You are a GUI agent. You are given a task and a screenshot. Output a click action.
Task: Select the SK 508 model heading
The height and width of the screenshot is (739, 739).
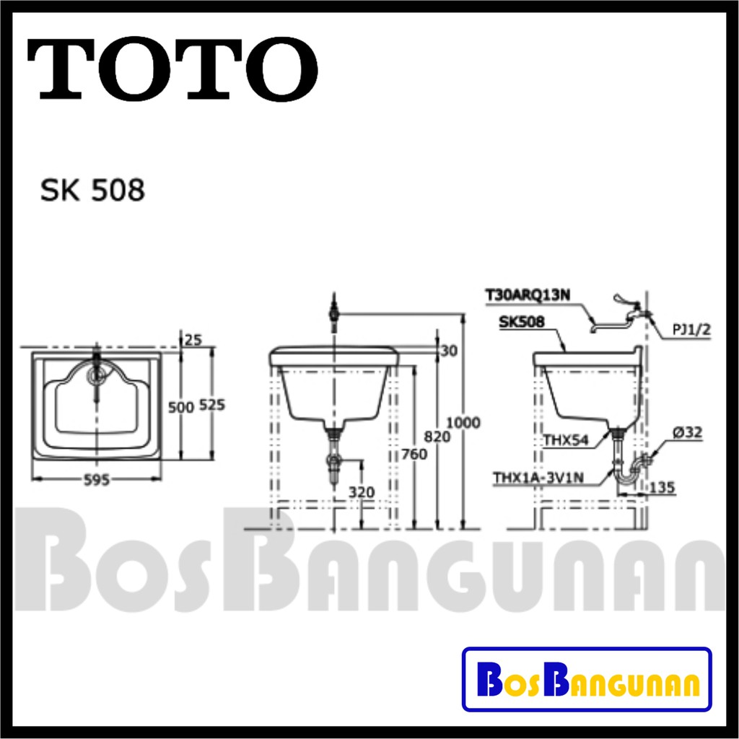coord(92,191)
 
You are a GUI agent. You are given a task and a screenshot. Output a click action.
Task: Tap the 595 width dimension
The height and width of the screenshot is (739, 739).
coord(96,480)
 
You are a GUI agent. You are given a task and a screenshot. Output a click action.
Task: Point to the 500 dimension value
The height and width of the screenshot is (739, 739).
coord(181,407)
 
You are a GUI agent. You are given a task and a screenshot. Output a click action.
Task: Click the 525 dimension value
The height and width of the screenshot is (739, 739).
coord(212,405)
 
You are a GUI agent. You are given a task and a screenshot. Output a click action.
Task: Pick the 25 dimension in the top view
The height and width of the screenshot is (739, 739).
coord(193,339)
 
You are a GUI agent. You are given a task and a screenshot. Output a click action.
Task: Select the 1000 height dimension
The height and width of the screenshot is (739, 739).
coord(463,423)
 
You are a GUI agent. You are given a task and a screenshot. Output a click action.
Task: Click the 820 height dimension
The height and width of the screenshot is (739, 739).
coord(437,437)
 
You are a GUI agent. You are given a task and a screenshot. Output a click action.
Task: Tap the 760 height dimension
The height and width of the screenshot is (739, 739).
coord(414,455)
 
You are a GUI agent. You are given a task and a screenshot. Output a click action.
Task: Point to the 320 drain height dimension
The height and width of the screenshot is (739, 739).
coord(362,492)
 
